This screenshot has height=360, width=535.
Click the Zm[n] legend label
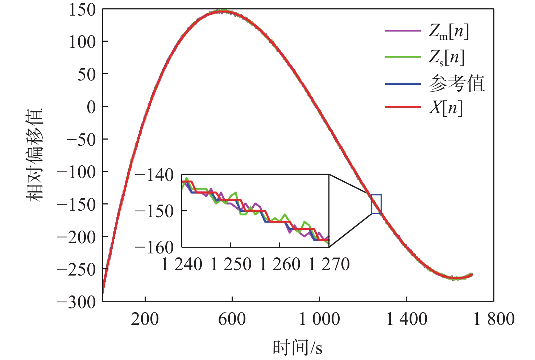[448, 32]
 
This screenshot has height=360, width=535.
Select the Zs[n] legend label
[446, 58]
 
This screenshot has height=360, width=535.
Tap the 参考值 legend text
[456, 84]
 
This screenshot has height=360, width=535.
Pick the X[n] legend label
[445, 108]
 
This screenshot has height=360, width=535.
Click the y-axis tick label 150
[82, 10]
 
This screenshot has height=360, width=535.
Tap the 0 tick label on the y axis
[91, 107]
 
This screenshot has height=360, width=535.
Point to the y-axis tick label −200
[76, 237]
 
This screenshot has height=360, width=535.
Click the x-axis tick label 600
[232, 319]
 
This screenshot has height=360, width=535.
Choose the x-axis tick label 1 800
[494, 319]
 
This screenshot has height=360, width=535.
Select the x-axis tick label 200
[145, 319]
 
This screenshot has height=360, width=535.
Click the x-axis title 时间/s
[297, 348]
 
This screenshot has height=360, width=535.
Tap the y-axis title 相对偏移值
[34, 155]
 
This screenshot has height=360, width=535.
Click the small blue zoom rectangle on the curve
[376, 204]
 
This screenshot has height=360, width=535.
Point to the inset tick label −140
[154, 175]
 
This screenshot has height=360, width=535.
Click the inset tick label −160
[154, 248]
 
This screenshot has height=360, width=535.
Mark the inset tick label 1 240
[182, 264]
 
